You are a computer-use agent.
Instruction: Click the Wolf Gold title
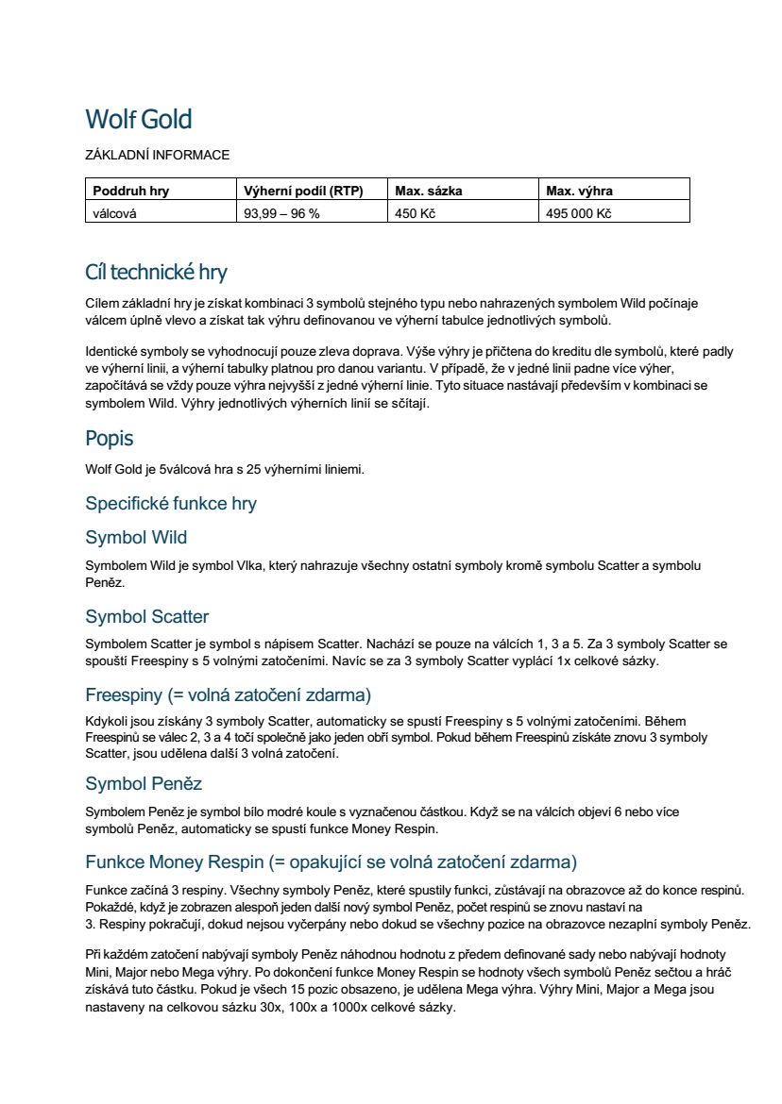coord(138,120)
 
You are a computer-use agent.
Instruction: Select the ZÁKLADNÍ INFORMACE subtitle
coord(157,155)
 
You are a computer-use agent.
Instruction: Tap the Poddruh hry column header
coord(130,191)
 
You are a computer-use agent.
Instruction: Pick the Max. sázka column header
coord(429,191)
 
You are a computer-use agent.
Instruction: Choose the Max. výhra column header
coord(580,191)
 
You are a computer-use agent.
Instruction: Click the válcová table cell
coord(114,213)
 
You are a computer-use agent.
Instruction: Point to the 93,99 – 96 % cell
coord(281,213)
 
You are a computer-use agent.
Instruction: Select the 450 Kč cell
coord(416,213)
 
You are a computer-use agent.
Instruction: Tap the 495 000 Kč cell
coord(579,213)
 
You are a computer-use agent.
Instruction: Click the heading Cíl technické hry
coord(156,273)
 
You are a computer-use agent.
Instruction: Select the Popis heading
coord(110,439)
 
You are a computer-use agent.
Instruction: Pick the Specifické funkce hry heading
coord(171,503)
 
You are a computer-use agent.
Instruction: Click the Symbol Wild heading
coord(136,538)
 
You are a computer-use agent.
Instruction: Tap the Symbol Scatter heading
coord(147,617)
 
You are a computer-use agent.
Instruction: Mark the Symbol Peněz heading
coord(144,784)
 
